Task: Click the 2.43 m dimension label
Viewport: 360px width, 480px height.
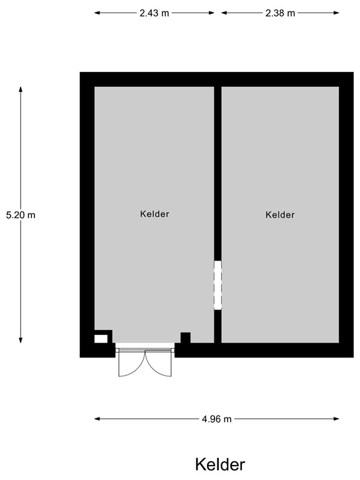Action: click(x=154, y=12)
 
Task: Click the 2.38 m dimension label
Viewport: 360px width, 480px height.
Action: click(x=279, y=12)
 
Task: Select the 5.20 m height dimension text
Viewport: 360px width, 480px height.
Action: click(x=21, y=214)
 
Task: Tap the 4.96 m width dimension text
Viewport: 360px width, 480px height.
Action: click(x=217, y=419)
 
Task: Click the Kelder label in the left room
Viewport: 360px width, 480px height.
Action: click(x=154, y=214)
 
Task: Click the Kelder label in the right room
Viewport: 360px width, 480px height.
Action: click(x=279, y=214)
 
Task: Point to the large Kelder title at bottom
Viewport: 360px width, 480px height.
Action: click(x=220, y=464)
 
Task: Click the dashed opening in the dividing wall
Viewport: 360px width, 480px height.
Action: click(x=217, y=285)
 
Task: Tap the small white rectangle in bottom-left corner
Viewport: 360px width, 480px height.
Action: click(x=101, y=339)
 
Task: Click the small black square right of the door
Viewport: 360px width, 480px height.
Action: click(x=185, y=337)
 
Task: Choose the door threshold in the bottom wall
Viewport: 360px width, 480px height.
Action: click(x=145, y=345)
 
